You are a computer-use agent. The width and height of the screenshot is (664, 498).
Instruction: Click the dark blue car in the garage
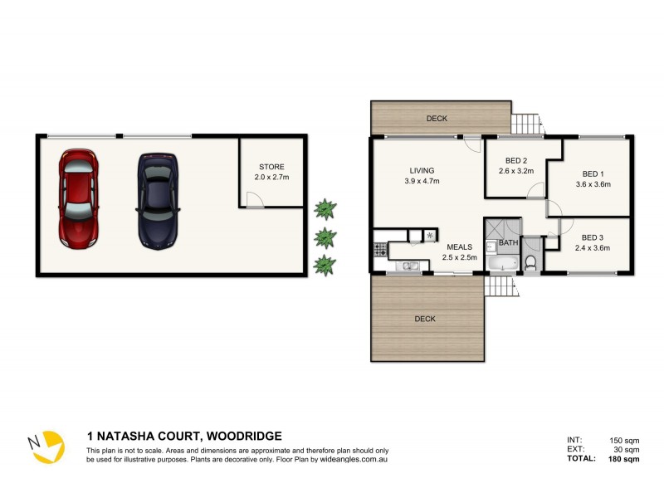click(158, 199)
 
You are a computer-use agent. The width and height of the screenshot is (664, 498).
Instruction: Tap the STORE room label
click(271, 167)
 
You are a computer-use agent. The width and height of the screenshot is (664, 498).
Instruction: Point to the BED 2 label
click(516, 161)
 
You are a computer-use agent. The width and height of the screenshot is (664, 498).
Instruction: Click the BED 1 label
click(593, 174)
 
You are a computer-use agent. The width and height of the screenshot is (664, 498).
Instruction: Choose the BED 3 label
click(593, 237)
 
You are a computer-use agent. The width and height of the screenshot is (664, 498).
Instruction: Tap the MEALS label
click(459, 247)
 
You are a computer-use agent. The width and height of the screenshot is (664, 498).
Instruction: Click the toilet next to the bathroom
click(531, 263)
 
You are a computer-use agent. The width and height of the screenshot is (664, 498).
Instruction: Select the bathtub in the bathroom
click(503, 264)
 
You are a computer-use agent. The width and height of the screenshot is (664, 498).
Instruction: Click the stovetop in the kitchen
click(380, 247)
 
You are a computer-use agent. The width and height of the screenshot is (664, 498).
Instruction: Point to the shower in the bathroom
click(503, 229)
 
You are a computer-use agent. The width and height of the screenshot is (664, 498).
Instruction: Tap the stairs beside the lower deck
click(500, 286)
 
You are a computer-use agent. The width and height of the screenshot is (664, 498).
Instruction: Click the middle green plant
click(325, 237)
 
